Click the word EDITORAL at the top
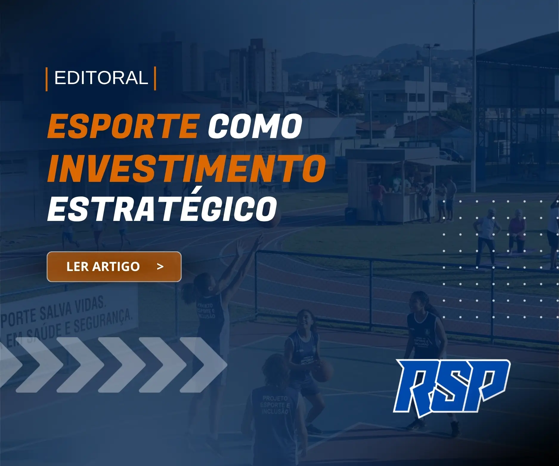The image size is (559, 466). (101, 78)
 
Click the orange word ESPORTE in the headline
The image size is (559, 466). (123, 126)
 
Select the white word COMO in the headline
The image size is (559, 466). (255, 126)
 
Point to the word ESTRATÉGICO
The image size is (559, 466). (162, 209)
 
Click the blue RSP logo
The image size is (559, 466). (451, 386)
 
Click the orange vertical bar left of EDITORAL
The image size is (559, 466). (47, 79)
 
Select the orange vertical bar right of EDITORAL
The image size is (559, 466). (155, 79)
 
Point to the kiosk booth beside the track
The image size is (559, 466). (385, 185)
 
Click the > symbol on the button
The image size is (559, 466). (160, 266)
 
